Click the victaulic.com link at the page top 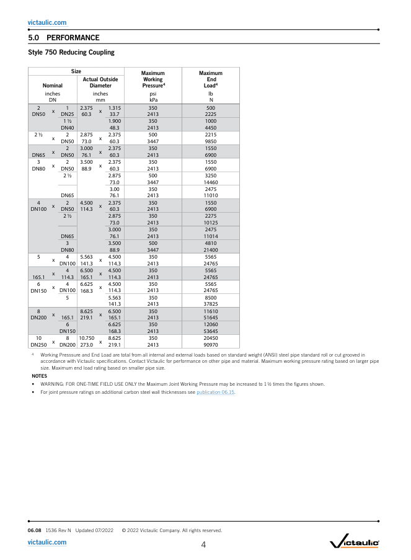click(x=47, y=22)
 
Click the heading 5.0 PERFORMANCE click(x=64, y=38)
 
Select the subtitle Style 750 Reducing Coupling click(x=71, y=52)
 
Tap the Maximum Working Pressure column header click(x=152, y=79)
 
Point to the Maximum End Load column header click(x=211, y=79)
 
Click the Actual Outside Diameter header click(x=100, y=82)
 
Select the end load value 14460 click(x=211, y=183)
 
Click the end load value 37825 click(x=211, y=304)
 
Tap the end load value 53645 click(x=211, y=331)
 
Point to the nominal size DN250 click(x=38, y=344)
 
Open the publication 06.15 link click(x=216, y=393)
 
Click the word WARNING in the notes click(x=54, y=384)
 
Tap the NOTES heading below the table click(x=39, y=376)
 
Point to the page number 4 click(x=203, y=545)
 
